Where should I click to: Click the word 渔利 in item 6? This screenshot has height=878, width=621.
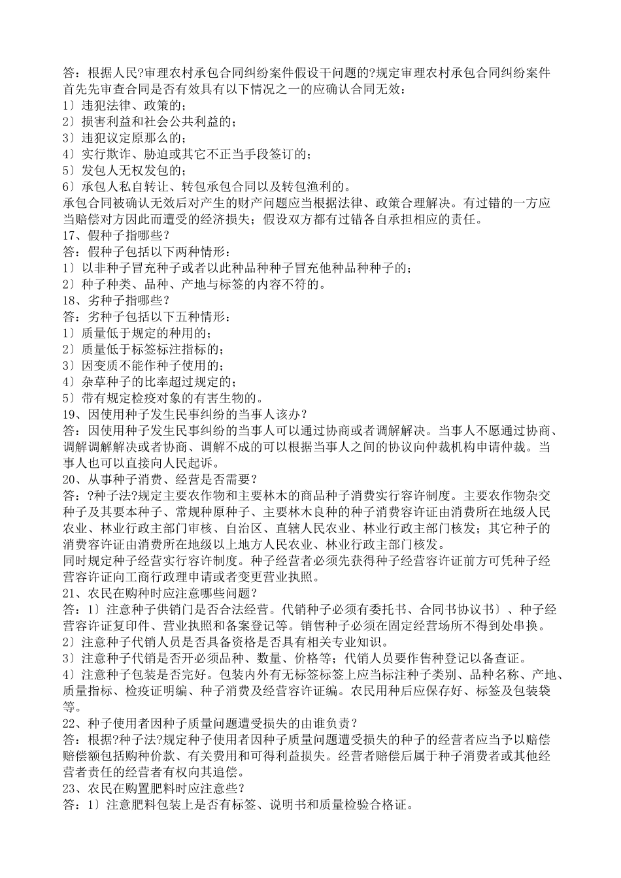[x=330, y=187]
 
